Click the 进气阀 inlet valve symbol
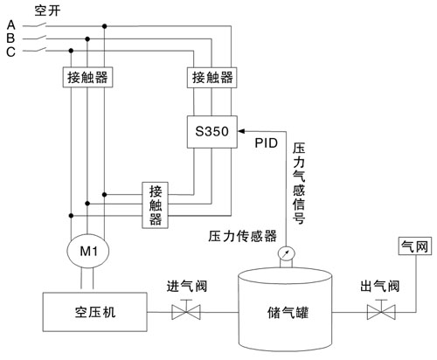185,312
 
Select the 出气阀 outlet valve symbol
379,312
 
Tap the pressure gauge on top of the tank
284,255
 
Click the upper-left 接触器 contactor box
87,78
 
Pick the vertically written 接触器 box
156,205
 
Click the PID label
267,142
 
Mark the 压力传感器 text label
242,236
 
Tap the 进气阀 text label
185,286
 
